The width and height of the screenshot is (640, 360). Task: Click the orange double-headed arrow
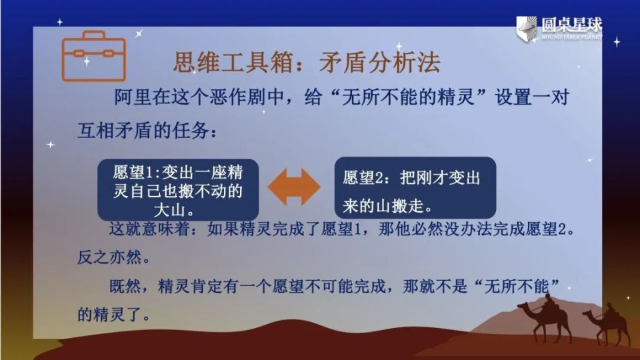click(x=293, y=187)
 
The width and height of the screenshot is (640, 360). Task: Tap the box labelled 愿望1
click(x=178, y=189)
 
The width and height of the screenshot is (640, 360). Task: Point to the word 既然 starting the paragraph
click(x=125, y=287)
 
